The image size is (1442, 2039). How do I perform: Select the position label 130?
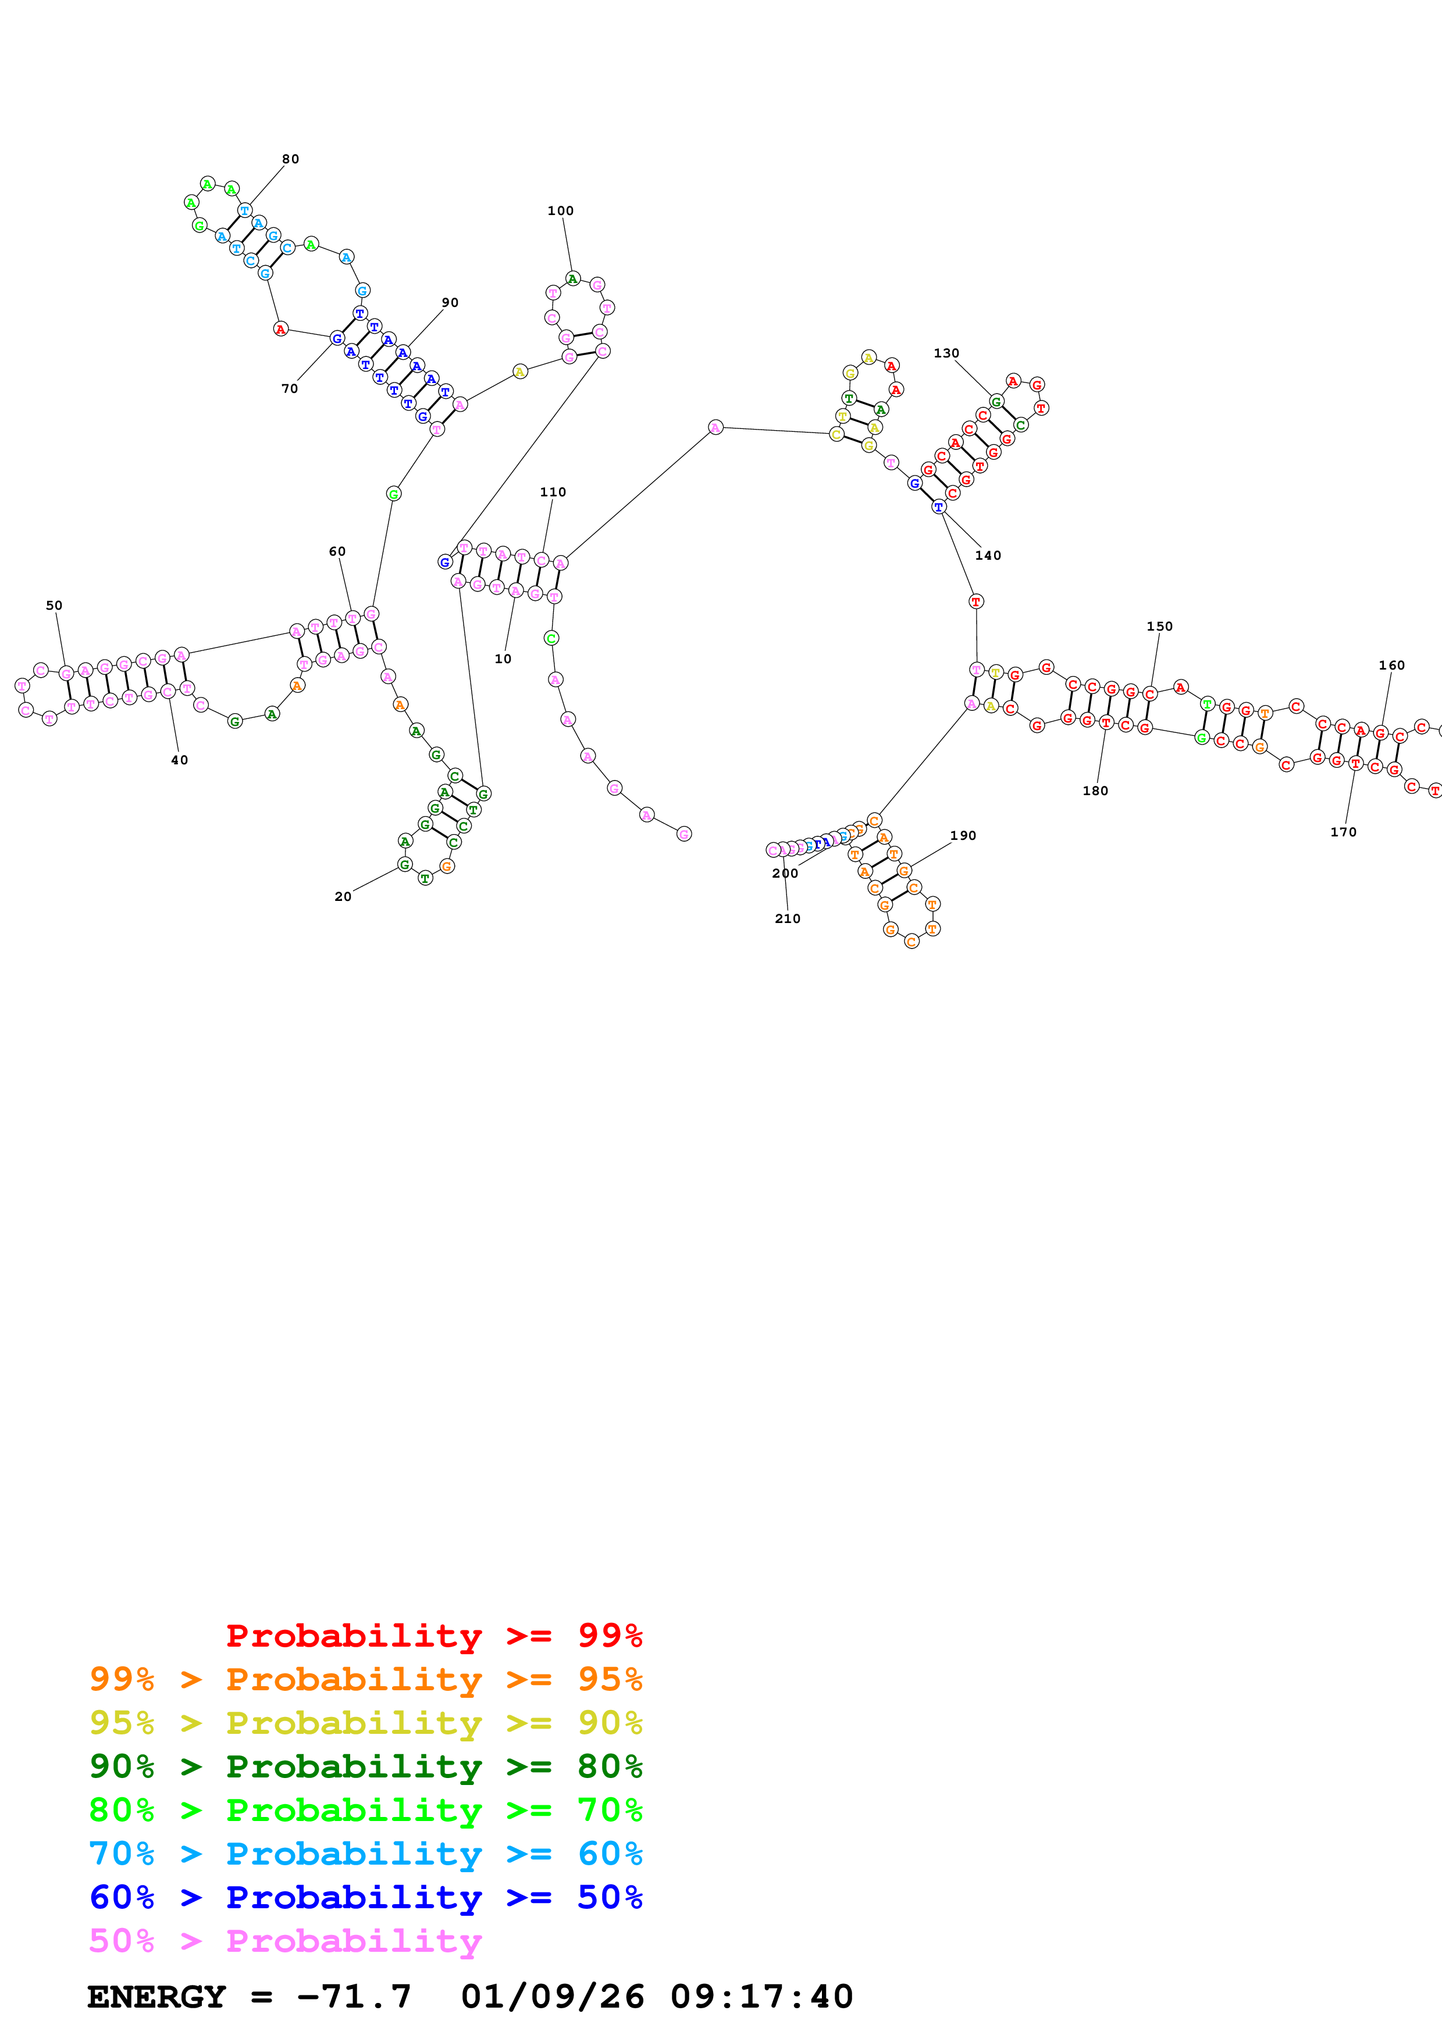tap(946, 353)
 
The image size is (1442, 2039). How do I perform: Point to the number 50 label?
tap(54, 606)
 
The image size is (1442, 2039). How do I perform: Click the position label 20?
tap(343, 897)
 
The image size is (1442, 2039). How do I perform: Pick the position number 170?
tap(1343, 832)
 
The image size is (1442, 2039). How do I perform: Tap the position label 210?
tap(787, 919)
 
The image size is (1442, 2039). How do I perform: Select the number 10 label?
tap(503, 659)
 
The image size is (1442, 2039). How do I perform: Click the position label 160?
tap(1391, 665)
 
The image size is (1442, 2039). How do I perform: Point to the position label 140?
tap(988, 556)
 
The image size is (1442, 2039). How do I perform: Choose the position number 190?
tap(963, 836)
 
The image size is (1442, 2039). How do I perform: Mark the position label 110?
tap(553, 492)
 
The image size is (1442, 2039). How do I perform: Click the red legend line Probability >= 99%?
tap(433, 1635)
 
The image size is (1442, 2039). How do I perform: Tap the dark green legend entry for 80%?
tap(365, 1766)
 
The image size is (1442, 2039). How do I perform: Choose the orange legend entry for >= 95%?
tap(365, 1679)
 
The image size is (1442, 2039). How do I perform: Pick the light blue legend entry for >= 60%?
tap(365, 1854)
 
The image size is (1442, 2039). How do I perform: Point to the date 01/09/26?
tap(552, 1997)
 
